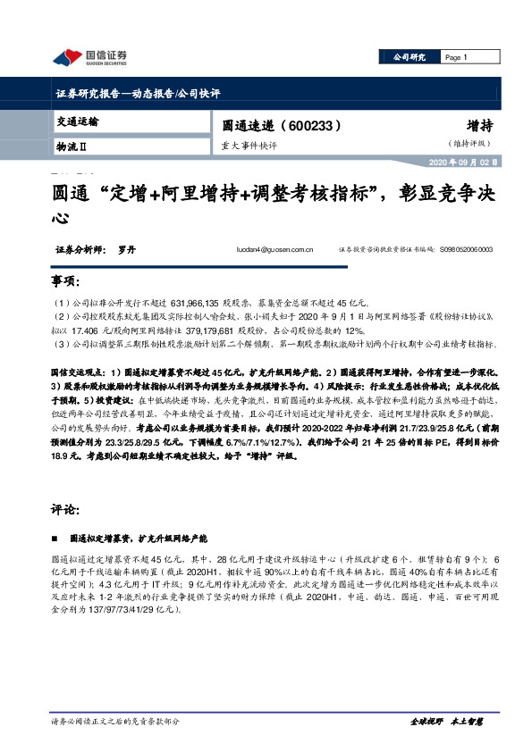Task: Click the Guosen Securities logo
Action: [x=89, y=58]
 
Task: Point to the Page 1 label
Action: [x=457, y=58]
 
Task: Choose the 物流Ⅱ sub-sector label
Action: [x=72, y=145]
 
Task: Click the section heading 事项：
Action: [x=65, y=283]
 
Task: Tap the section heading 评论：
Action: [x=65, y=511]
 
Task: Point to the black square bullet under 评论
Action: [x=59, y=539]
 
